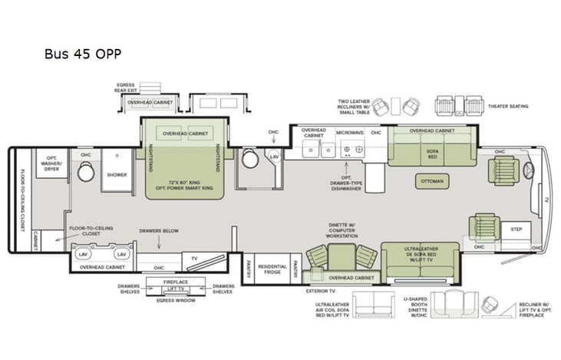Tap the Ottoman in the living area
pyautogui.click(x=431, y=181)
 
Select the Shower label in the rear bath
pyautogui.click(x=117, y=175)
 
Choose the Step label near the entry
pyautogui.click(x=516, y=229)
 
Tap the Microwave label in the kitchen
pyautogui.click(x=351, y=134)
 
